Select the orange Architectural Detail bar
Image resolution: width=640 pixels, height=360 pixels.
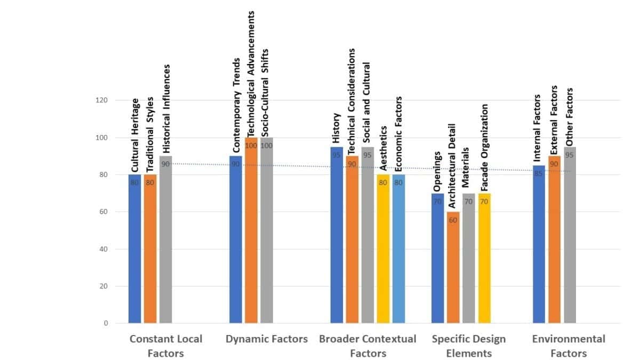[x=453, y=267]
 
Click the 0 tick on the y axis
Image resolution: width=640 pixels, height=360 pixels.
[x=105, y=323]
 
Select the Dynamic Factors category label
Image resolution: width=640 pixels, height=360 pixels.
[x=267, y=339]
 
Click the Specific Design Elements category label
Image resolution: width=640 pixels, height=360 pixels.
[x=469, y=346]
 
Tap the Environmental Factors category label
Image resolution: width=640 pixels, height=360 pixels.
[x=569, y=346]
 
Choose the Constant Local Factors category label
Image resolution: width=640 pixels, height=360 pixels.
[x=165, y=346]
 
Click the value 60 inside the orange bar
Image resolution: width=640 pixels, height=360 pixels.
[x=453, y=220]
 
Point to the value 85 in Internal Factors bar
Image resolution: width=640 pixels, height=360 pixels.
[x=539, y=173]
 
